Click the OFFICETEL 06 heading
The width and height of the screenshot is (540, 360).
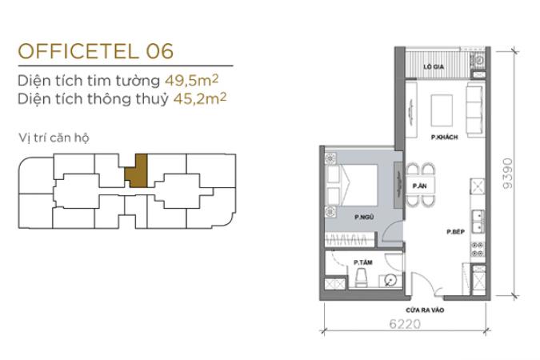tap(96, 51)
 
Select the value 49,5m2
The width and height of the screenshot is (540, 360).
tap(191, 80)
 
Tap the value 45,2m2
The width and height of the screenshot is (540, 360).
tap(200, 98)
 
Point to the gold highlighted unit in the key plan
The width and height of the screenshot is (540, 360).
tap(136, 170)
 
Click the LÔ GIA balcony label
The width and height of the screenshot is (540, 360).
tap(434, 66)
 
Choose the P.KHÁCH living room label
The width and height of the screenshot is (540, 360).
tap(445, 137)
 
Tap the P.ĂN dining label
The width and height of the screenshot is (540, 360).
tap(419, 186)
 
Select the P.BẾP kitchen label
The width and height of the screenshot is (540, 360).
tap(456, 232)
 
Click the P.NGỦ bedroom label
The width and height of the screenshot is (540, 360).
tap(364, 217)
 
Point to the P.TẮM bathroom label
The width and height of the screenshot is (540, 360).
tap(363, 262)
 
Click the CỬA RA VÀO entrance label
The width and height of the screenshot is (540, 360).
tap(425, 310)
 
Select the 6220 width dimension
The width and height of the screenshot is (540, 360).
tap(405, 324)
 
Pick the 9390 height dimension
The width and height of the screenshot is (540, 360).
tap(508, 174)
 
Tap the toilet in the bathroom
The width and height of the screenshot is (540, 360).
tap(362, 278)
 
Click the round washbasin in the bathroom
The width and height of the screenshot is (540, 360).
tap(390, 281)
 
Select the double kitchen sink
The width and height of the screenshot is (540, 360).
tap(478, 221)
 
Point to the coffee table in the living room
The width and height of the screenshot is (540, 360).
tap(442, 110)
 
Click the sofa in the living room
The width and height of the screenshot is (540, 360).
tap(474, 110)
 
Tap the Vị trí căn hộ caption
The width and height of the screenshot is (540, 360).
tap(54, 138)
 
